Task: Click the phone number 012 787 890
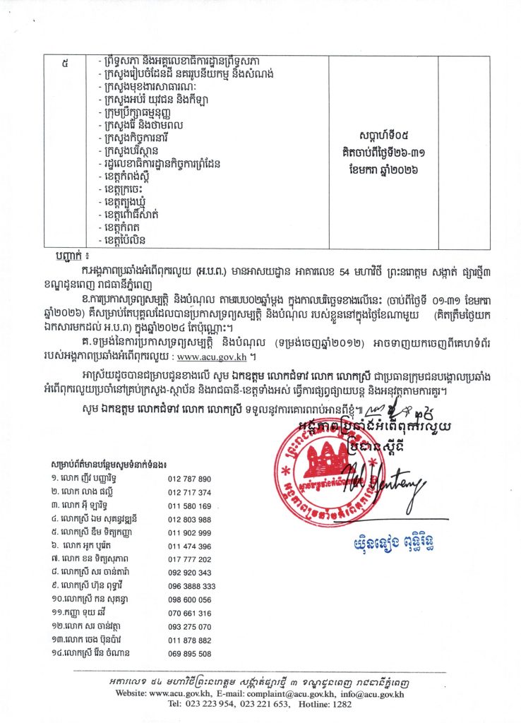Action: pyautogui.click(x=189, y=479)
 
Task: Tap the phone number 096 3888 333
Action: pyautogui.click(x=191, y=586)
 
